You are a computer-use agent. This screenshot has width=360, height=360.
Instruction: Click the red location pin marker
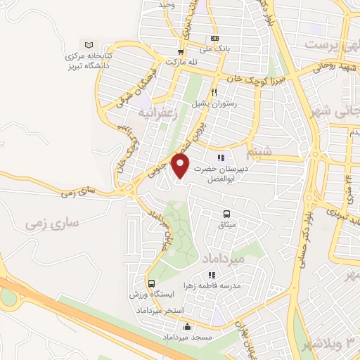[x=181, y=165]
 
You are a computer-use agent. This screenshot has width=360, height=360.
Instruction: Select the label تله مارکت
[x=181, y=62]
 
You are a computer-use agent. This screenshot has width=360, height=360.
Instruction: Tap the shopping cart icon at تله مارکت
[x=181, y=51]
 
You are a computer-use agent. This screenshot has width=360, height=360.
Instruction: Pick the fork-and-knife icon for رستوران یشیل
[x=214, y=92]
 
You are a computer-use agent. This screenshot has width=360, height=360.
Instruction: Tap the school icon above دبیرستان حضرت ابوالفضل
[x=221, y=158]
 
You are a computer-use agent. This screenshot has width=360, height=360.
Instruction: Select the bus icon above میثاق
[x=226, y=214]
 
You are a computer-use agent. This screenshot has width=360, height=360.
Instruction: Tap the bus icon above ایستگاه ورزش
[x=150, y=282]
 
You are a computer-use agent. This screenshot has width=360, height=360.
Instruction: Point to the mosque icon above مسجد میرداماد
[x=187, y=326]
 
